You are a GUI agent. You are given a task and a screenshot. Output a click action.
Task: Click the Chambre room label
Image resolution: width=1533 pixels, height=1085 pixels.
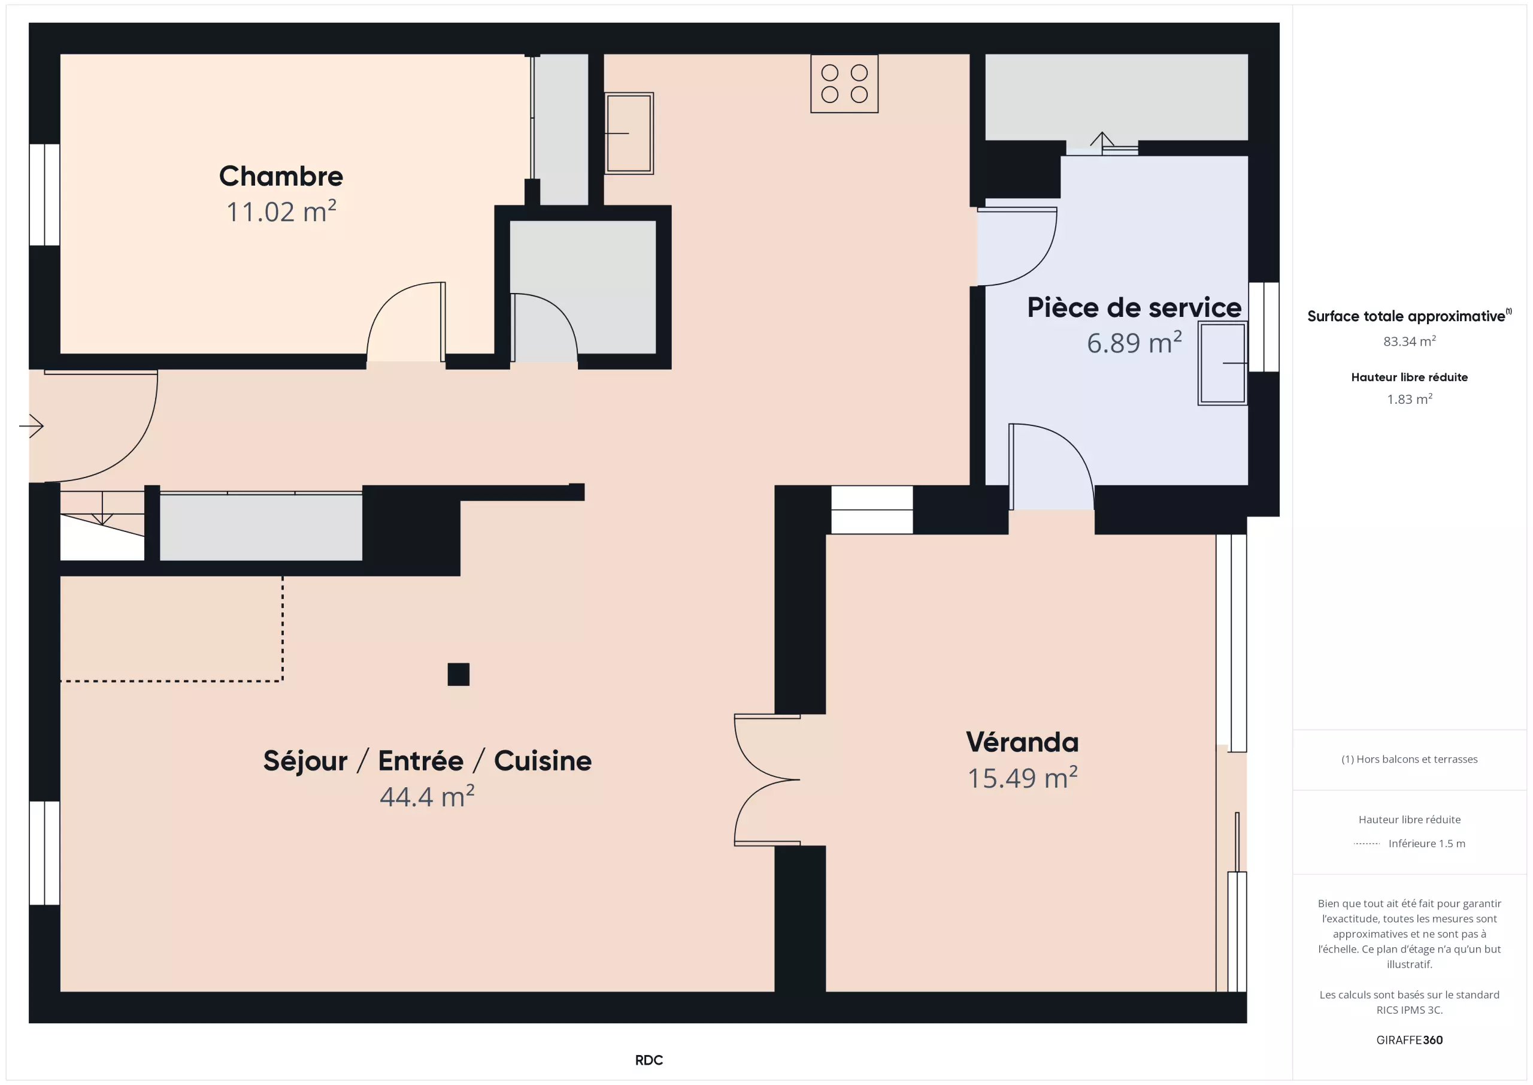pos(281,176)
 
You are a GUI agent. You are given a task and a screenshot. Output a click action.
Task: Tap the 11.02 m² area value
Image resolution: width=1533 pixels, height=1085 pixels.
pos(281,211)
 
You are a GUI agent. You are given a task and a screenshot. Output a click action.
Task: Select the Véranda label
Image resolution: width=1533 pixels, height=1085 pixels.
pos(1022,742)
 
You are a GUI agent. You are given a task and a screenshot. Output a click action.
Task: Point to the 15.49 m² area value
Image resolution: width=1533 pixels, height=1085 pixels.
pos(1022,778)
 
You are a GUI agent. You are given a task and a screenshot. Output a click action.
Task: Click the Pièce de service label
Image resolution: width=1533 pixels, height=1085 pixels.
pos(1134,307)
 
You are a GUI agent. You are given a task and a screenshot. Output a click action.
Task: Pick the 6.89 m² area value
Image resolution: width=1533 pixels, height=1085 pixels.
pos(1134,343)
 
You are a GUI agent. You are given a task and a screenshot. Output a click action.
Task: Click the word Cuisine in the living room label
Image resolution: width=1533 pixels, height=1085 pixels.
pos(543,761)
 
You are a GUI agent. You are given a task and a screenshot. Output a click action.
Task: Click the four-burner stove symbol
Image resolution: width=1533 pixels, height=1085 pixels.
pos(844,83)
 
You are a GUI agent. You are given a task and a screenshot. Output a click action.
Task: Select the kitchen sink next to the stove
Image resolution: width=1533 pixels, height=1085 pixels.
pos(629,133)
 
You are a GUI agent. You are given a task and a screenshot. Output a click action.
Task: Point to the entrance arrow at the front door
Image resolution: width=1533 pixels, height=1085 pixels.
pos(31,425)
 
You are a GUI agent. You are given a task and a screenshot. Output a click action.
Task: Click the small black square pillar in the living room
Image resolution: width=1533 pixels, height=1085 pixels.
pos(459,674)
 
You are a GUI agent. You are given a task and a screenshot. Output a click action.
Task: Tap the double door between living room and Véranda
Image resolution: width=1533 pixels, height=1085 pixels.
pos(767,779)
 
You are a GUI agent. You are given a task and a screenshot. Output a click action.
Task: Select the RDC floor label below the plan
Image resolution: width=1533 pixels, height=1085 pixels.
pos(649,1060)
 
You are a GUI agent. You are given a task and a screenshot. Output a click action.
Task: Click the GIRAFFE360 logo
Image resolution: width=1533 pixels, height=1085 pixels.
pos(1410,1040)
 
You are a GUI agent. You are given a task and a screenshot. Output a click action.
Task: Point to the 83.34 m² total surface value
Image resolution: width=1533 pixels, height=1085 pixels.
pos(1410,341)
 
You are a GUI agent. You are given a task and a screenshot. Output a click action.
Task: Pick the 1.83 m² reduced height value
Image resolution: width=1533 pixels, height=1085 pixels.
pos(1410,399)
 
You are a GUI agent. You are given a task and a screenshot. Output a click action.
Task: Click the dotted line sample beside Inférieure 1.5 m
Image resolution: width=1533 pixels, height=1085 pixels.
pos(1367,844)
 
